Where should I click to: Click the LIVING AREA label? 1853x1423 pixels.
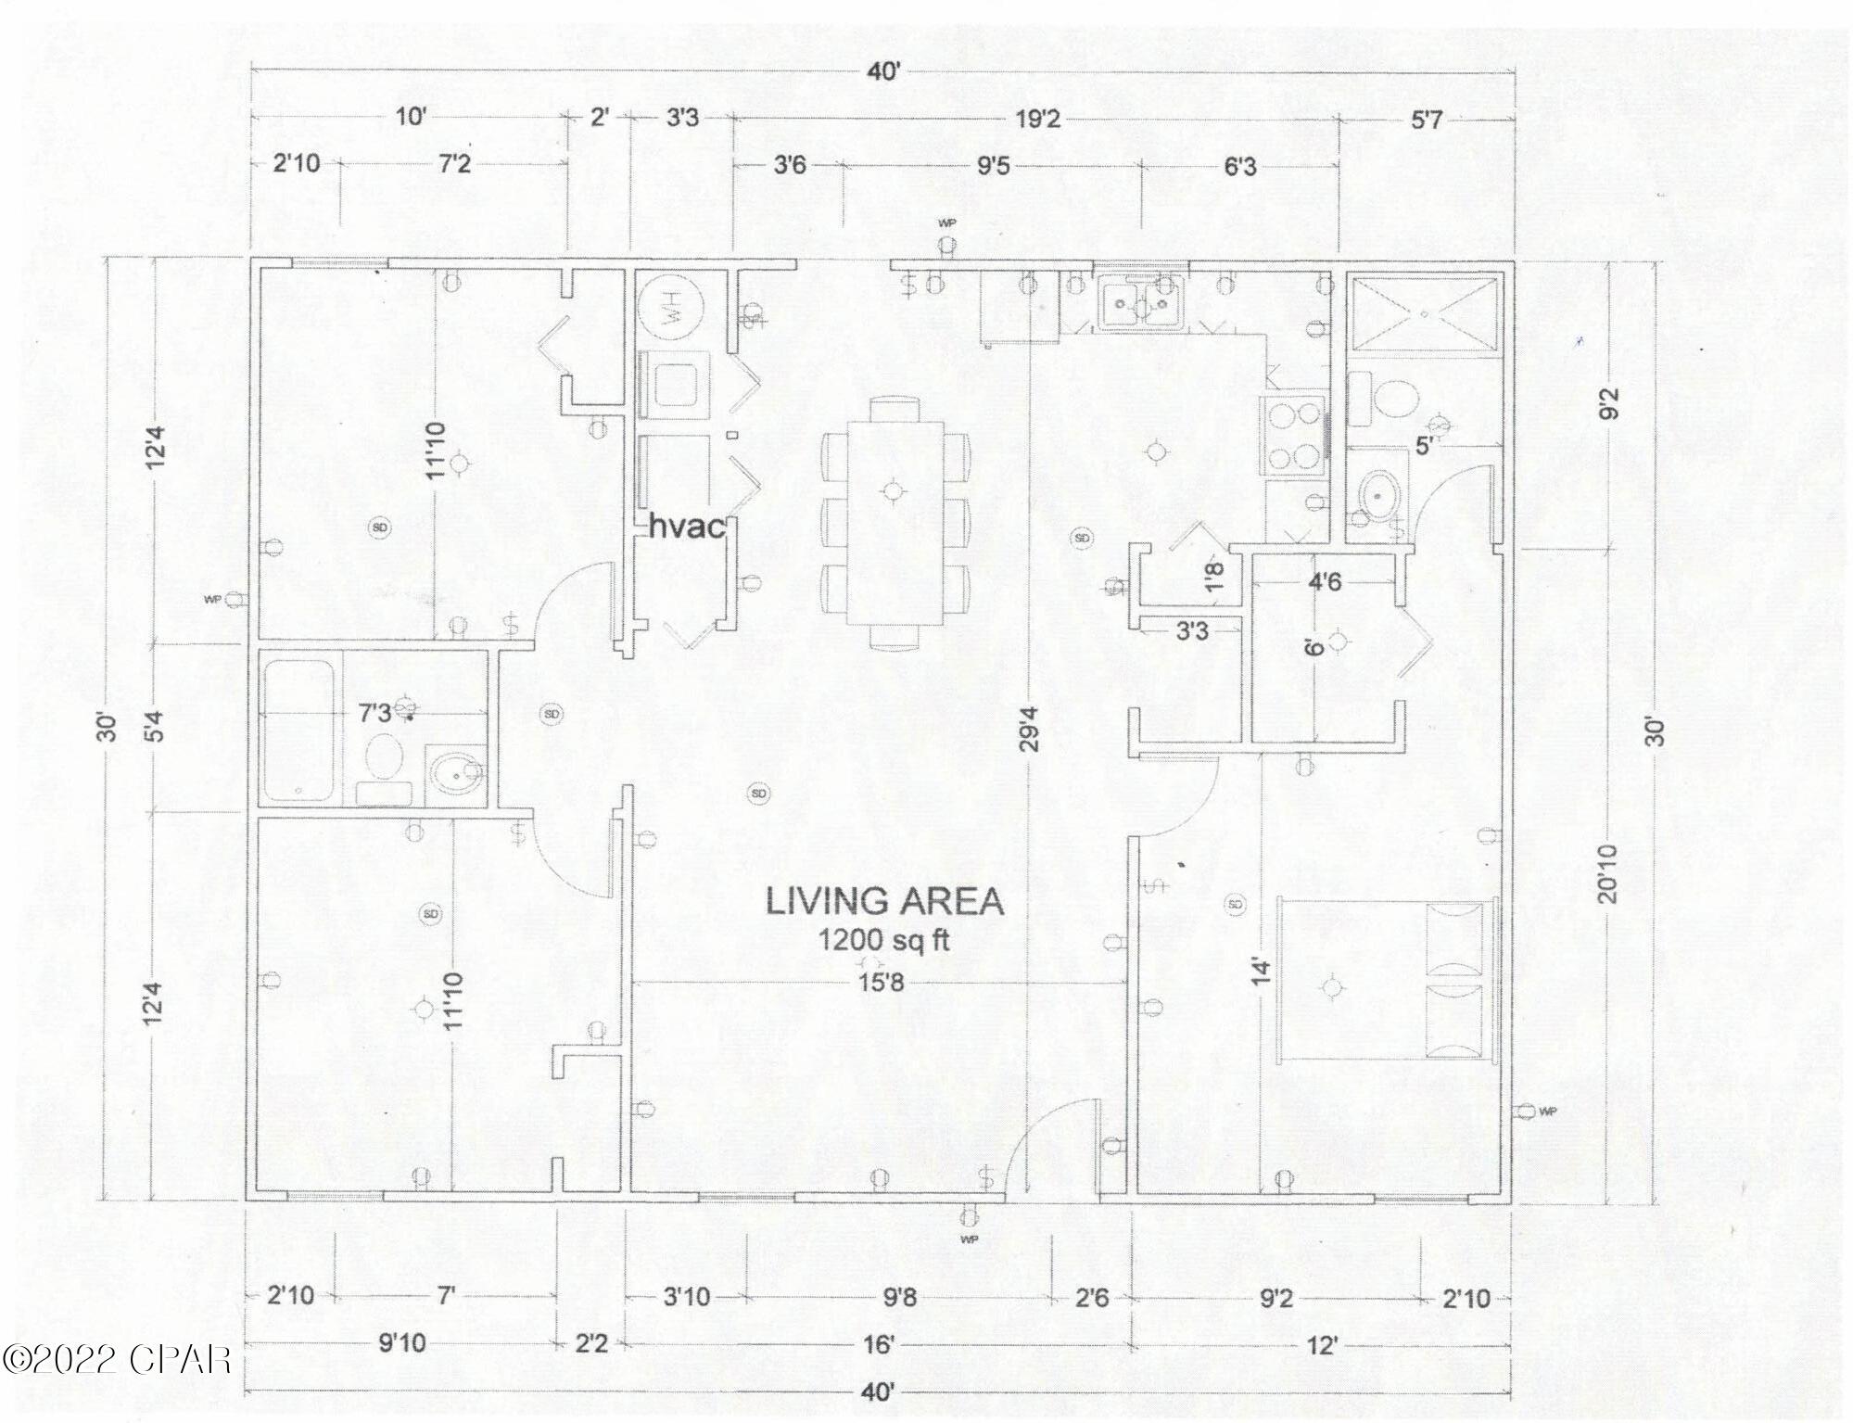tap(883, 902)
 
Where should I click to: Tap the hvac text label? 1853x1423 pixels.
tap(686, 527)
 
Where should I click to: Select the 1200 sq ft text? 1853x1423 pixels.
tap(883, 941)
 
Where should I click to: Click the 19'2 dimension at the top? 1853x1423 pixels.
tap(1037, 119)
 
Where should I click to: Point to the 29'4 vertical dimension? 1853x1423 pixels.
tap(1031, 729)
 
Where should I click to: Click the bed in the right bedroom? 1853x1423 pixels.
tap(1386, 978)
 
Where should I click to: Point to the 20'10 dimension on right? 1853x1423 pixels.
tap(1608, 873)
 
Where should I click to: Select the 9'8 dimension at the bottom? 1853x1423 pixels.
tap(899, 1297)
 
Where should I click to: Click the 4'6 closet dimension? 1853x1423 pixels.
tap(1324, 582)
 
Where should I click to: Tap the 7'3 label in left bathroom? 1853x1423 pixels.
tap(374, 713)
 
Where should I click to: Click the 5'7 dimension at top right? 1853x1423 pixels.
tap(1427, 120)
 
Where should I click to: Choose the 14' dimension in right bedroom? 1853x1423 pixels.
tap(1259, 972)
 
